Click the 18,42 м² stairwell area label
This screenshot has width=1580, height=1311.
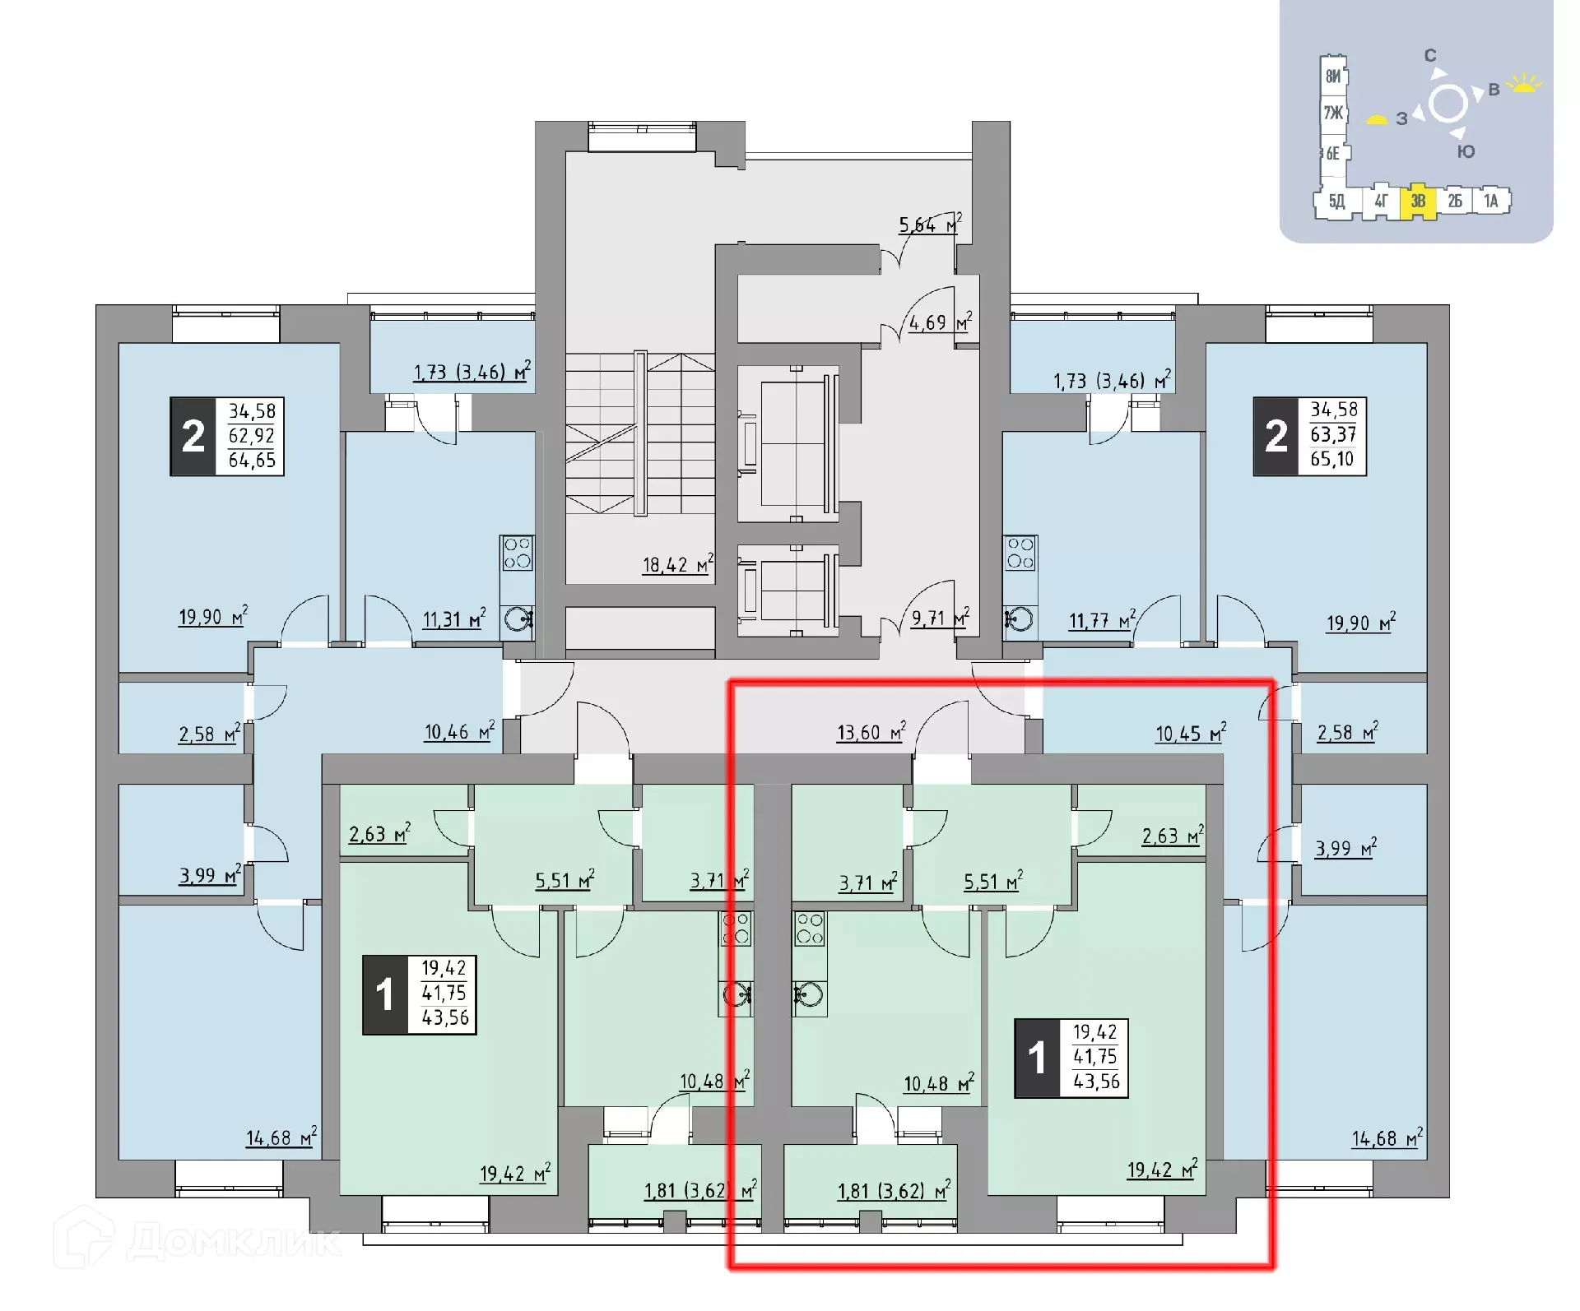point(676,565)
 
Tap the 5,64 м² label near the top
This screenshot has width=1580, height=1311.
point(929,225)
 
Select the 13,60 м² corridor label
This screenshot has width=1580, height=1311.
point(871,732)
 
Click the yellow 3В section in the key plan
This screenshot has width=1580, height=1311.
point(1418,202)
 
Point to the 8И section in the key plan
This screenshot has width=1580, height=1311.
point(1332,76)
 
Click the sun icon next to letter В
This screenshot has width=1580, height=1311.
point(1525,84)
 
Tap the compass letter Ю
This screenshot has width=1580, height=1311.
point(1466,152)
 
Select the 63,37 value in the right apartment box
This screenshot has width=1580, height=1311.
point(1333,434)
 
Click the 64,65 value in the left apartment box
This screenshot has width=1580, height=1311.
point(252,461)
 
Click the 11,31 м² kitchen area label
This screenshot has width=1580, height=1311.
point(453,619)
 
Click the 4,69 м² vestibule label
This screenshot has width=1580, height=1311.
point(939,323)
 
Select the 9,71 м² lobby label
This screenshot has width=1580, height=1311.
point(939,618)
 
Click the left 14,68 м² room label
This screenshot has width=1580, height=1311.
point(280,1138)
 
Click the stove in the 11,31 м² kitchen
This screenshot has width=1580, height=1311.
point(517,554)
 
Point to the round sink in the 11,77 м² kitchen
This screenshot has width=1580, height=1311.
point(1020,618)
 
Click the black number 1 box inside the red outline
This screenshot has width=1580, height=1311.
point(1037,1058)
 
